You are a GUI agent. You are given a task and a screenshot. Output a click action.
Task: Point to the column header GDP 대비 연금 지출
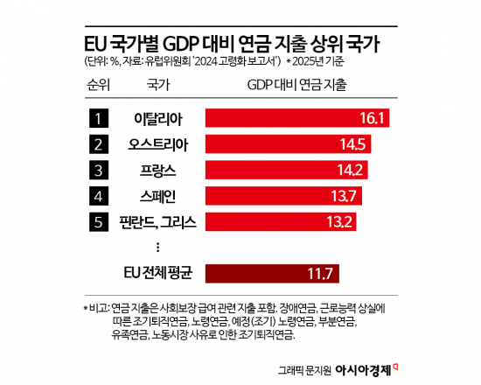(296, 86)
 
